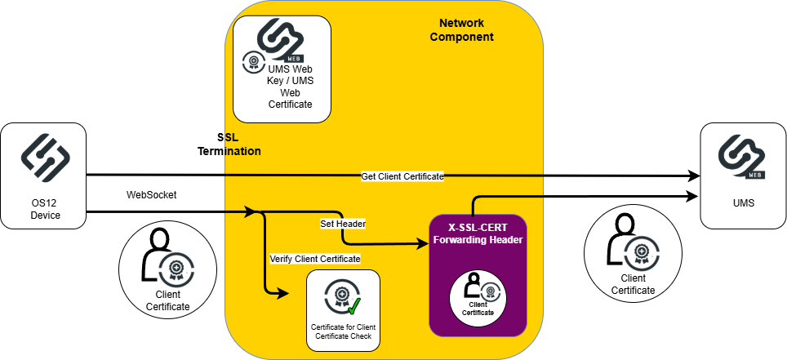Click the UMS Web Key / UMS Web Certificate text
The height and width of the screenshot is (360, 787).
[x=291, y=87]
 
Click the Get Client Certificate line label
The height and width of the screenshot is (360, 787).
[x=402, y=176]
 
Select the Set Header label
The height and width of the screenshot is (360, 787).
[x=342, y=223]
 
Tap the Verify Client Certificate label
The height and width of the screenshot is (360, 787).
[x=315, y=259]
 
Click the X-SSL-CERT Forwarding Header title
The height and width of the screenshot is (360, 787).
[x=479, y=233]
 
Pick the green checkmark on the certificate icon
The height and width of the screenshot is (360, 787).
[x=353, y=307]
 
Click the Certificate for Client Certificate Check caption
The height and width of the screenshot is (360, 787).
[x=343, y=332]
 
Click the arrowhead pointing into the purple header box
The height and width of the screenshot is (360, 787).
[x=425, y=243]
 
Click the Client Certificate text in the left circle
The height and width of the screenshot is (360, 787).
[x=167, y=300]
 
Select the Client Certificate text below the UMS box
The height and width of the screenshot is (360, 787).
[x=632, y=284]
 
